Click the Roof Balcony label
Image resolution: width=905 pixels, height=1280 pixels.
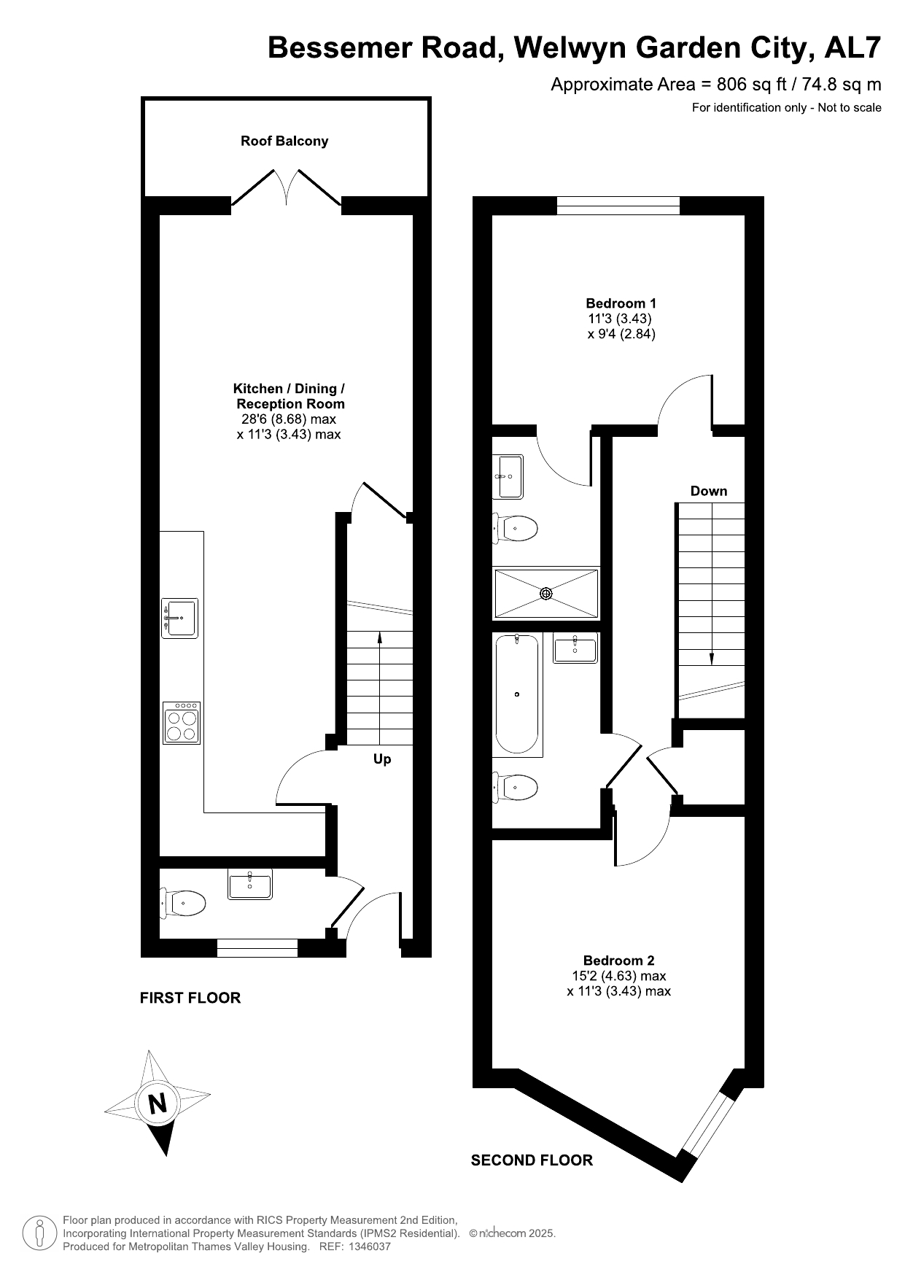(x=284, y=141)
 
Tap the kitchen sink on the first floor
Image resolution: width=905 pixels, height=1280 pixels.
(x=179, y=618)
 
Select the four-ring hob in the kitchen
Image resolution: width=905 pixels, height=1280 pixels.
(x=182, y=723)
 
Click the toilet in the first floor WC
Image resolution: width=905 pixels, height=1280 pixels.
(x=182, y=903)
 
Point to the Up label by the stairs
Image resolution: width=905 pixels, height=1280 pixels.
(x=382, y=759)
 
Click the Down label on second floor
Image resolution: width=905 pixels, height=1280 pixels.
(x=709, y=491)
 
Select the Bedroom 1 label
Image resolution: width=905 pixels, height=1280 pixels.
(x=621, y=303)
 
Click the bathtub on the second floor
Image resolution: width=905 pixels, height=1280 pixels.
(x=517, y=694)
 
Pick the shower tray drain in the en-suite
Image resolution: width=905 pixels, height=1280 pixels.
(x=546, y=594)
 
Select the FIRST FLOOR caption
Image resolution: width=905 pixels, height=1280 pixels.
(x=190, y=998)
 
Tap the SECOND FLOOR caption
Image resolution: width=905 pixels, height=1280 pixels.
(x=532, y=1160)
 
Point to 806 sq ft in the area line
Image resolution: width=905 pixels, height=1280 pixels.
(x=752, y=85)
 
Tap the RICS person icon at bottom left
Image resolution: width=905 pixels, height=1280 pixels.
(x=40, y=1233)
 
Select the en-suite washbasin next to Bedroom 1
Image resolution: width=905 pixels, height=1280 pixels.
(x=509, y=476)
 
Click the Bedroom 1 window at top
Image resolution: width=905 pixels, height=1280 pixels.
(x=618, y=206)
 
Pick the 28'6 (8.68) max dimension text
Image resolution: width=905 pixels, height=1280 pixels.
(x=289, y=419)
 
